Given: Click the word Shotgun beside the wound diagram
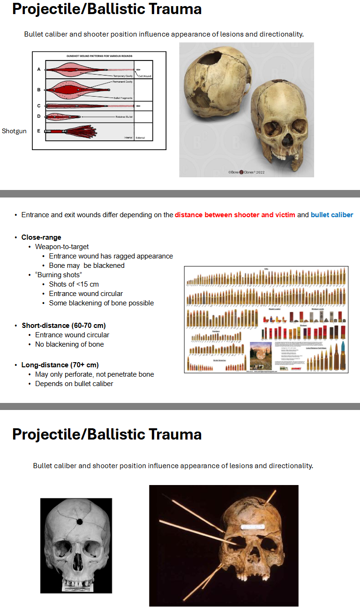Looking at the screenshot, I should point(14,131).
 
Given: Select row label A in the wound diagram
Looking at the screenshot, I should point(39,69).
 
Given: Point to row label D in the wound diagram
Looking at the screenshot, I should point(39,116).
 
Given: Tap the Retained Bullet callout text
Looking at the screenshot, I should point(125,117).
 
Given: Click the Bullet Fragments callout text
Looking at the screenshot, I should point(123,98).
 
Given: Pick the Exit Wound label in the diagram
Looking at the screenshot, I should point(144,76).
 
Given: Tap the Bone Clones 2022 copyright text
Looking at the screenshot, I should point(247,172).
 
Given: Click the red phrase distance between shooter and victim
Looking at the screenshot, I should point(235,215).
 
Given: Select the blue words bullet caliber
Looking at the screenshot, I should point(331,215).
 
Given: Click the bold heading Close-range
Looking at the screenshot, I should point(41,237).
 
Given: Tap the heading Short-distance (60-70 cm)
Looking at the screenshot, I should point(64,326).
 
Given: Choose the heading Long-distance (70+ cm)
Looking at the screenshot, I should point(60,365).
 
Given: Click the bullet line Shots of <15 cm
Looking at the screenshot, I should point(74,284).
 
